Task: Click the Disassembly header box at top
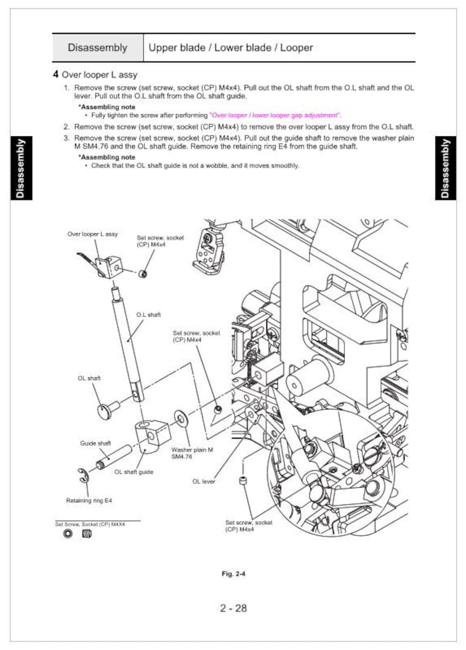point(97,48)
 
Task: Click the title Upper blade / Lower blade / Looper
point(231,48)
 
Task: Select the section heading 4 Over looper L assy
point(96,75)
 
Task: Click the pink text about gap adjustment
point(275,115)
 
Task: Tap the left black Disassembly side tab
point(21,168)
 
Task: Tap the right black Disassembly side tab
point(445,168)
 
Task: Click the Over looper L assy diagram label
point(92,234)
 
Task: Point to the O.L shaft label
point(148,315)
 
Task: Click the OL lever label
point(204,481)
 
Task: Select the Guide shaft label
point(95,443)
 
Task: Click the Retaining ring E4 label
point(89,501)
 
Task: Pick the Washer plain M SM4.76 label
point(192,453)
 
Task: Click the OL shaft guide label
point(134,471)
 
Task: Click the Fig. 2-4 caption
point(233,574)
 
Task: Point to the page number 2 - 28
point(233,608)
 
